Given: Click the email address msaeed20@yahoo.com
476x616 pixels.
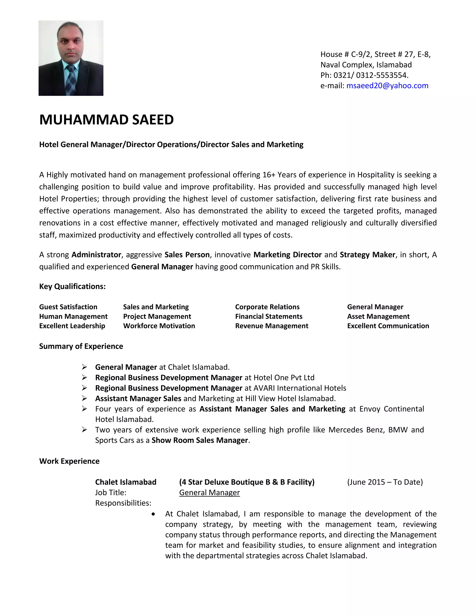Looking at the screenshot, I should pyautogui.click(x=387, y=86).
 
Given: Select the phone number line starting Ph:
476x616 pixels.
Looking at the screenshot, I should pyautogui.click(x=364, y=75).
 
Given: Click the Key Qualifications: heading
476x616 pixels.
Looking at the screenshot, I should pyautogui.click(x=72, y=286).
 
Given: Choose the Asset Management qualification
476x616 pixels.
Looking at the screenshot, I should pyautogui.click(x=378, y=316).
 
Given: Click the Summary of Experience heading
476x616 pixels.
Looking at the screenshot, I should pyautogui.click(x=81, y=346).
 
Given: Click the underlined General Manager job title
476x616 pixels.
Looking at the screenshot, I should pyautogui.click(x=209, y=493).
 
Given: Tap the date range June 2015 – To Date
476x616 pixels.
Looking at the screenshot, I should pyautogui.click(x=385, y=482).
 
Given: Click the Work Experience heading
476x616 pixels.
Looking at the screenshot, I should pyautogui.click(x=69, y=461).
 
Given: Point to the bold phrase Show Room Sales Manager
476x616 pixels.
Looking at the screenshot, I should pyautogui.click(x=200, y=440).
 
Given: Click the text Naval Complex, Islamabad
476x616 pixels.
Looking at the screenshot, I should pyautogui.click(x=366, y=65).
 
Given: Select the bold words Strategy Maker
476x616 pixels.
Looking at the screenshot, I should pyautogui.click(x=367, y=255).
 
